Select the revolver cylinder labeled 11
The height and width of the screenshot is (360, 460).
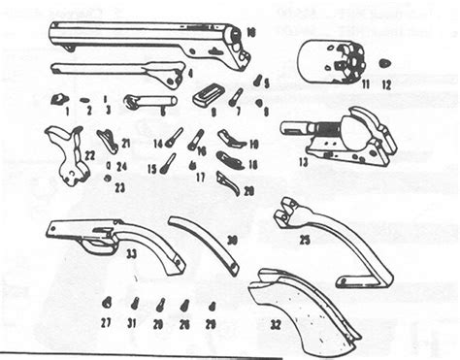coord(323,61)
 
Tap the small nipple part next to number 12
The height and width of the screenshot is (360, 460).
coord(385,63)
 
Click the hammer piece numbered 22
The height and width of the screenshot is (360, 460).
coord(66,155)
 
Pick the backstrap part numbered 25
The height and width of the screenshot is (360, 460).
coord(330,243)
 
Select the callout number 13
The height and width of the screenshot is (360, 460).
coord(304,162)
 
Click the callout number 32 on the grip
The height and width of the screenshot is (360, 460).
coord(276,325)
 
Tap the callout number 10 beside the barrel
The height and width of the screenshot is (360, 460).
coord(250,33)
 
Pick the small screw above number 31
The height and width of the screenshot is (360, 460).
coord(134,304)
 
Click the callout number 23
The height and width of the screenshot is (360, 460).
coord(119,186)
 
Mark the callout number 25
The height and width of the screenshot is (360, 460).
coord(304,240)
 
